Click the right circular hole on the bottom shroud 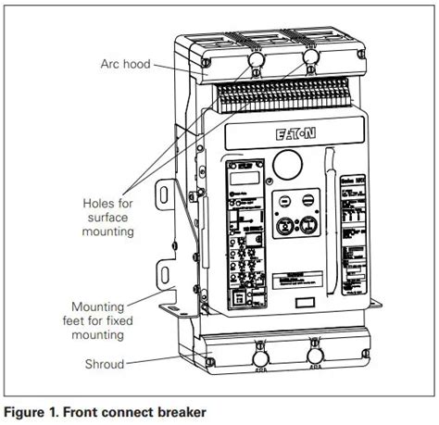[x=314, y=356]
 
